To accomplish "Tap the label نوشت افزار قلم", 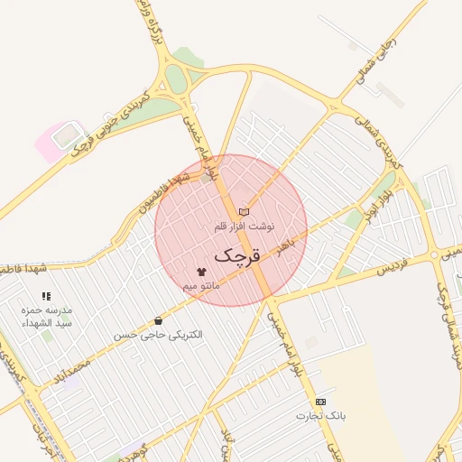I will tap(245, 225).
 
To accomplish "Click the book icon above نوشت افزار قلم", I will tap(244, 211).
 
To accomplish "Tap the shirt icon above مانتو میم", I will tap(200, 272).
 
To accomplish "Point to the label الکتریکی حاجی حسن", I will tap(159, 334).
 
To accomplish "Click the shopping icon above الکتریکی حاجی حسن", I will tap(159, 320).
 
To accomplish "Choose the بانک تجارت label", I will tap(321, 415).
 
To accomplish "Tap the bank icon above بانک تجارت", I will tap(320, 402).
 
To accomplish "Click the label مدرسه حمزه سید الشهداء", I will tap(46, 315).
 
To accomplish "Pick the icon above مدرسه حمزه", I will tap(46, 296).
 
